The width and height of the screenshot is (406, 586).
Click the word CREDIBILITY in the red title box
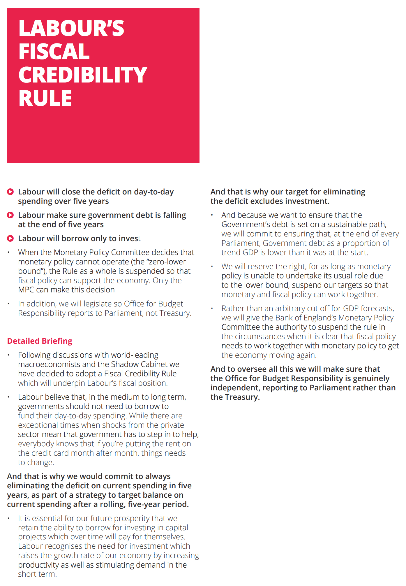pyautogui.click(x=83, y=75)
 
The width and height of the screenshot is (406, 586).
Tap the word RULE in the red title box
pyautogui.click(x=45, y=98)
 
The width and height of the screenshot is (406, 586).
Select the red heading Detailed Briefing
pyautogui.click(x=40, y=341)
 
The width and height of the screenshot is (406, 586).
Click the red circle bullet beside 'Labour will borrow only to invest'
pyautogui.click(x=10, y=238)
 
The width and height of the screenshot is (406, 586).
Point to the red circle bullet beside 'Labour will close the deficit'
pyautogui.click(x=10, y=192)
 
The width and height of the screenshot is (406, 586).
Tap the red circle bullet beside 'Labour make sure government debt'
pyautogui.click(x=10, y=215)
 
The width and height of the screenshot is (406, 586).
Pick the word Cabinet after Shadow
pyautogui.click(x=154, y=364)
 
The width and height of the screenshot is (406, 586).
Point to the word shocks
pyautogui.click(x=115, y=425)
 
